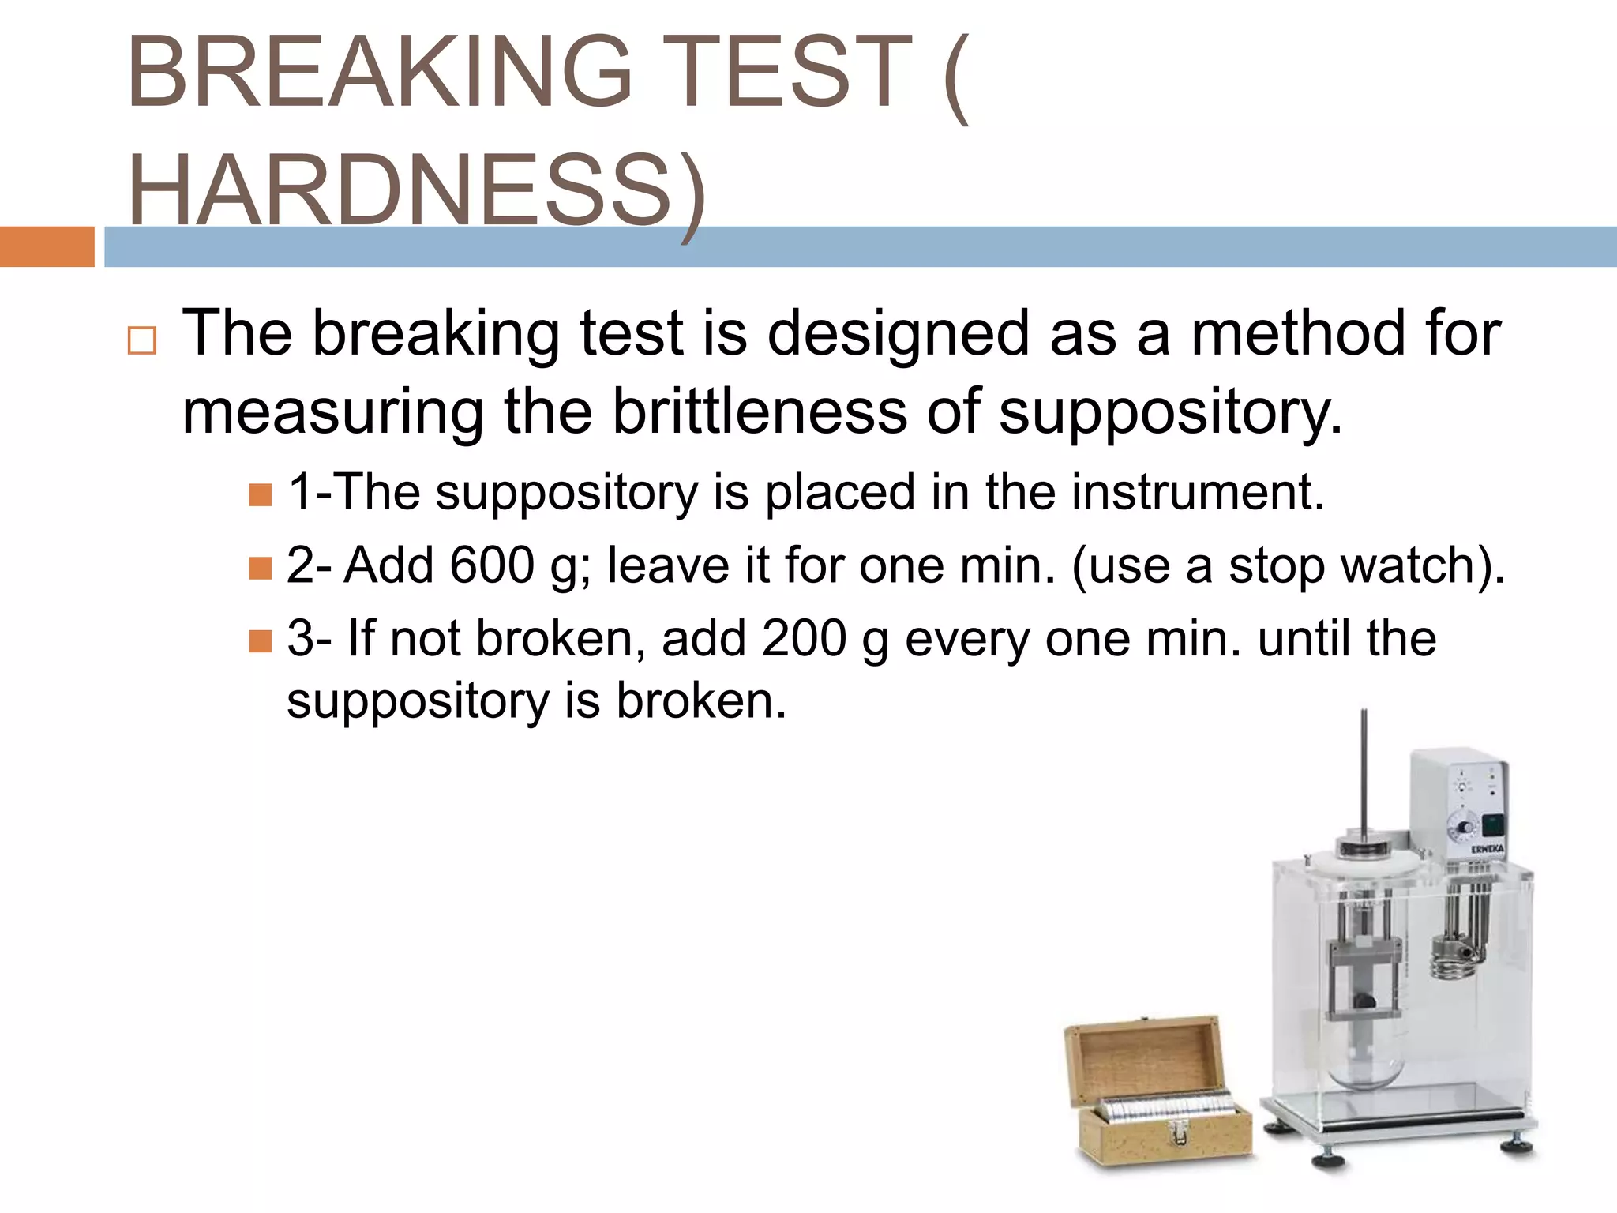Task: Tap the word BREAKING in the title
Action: point(379,72)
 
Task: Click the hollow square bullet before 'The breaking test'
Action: point(142,340)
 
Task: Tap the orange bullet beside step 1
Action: point(260,495)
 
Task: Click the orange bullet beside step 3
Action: point(260,640)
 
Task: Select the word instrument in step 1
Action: point(1197,492)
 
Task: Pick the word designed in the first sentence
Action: point(899,333)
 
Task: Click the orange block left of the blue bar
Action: point(47,246)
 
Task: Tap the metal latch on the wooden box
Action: point(1179,1133)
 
